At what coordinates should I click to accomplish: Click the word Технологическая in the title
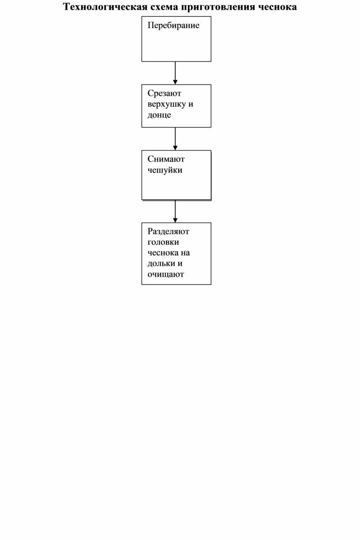(105, 7)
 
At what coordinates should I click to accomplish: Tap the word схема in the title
(164, 7)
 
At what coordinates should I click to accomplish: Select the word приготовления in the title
(218, 7)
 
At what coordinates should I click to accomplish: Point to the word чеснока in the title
(277, 7)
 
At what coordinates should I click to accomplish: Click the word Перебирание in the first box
(174, 26)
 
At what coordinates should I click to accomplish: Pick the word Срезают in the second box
(164, 93)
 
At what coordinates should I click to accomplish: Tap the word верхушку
(167, 105)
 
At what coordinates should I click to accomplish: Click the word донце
(159, 115)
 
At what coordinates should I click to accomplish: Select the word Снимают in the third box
(166, 159)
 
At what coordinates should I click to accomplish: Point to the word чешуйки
(165, 170)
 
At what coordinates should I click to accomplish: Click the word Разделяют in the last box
(168, 232)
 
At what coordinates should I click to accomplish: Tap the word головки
(163, 242)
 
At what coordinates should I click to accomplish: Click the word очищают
(165, 274)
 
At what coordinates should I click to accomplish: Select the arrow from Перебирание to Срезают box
(175, 73)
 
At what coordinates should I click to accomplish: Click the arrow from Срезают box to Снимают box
(175, 139)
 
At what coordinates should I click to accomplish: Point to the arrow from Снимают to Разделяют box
(175, 211)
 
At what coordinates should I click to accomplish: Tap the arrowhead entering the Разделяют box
(175, 221)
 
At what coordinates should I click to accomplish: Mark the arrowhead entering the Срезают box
(175, 82)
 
